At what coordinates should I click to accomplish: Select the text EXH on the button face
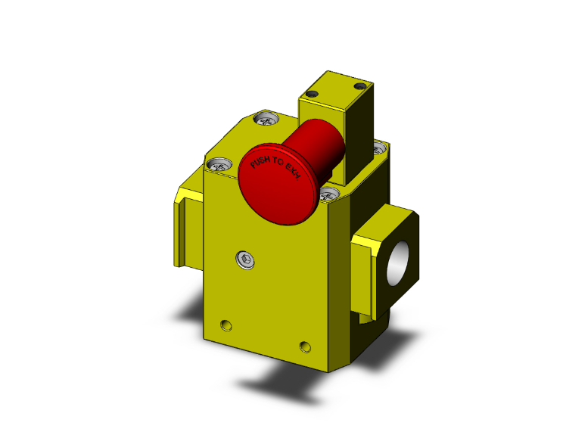(x=294, y=177)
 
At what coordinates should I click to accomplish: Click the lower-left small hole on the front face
(x=225, y=325)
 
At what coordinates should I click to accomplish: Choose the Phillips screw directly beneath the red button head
(x=327, y=196)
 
